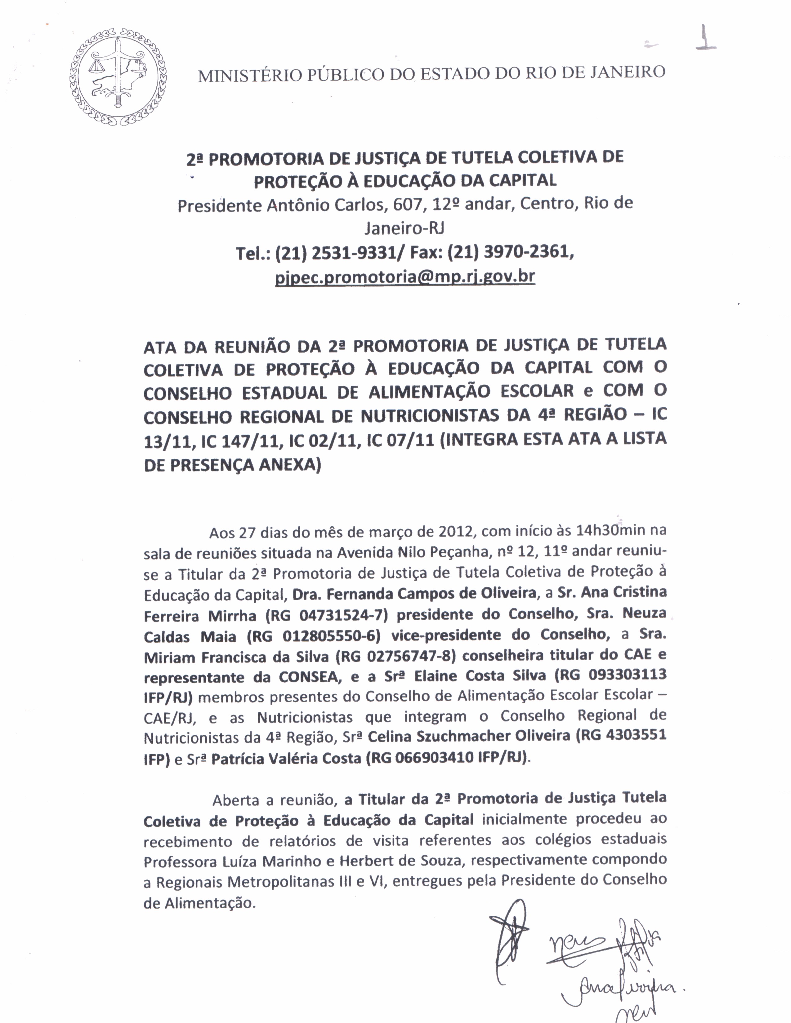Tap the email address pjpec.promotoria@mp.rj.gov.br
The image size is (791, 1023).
pyautogui.click(x=404, y=277)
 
